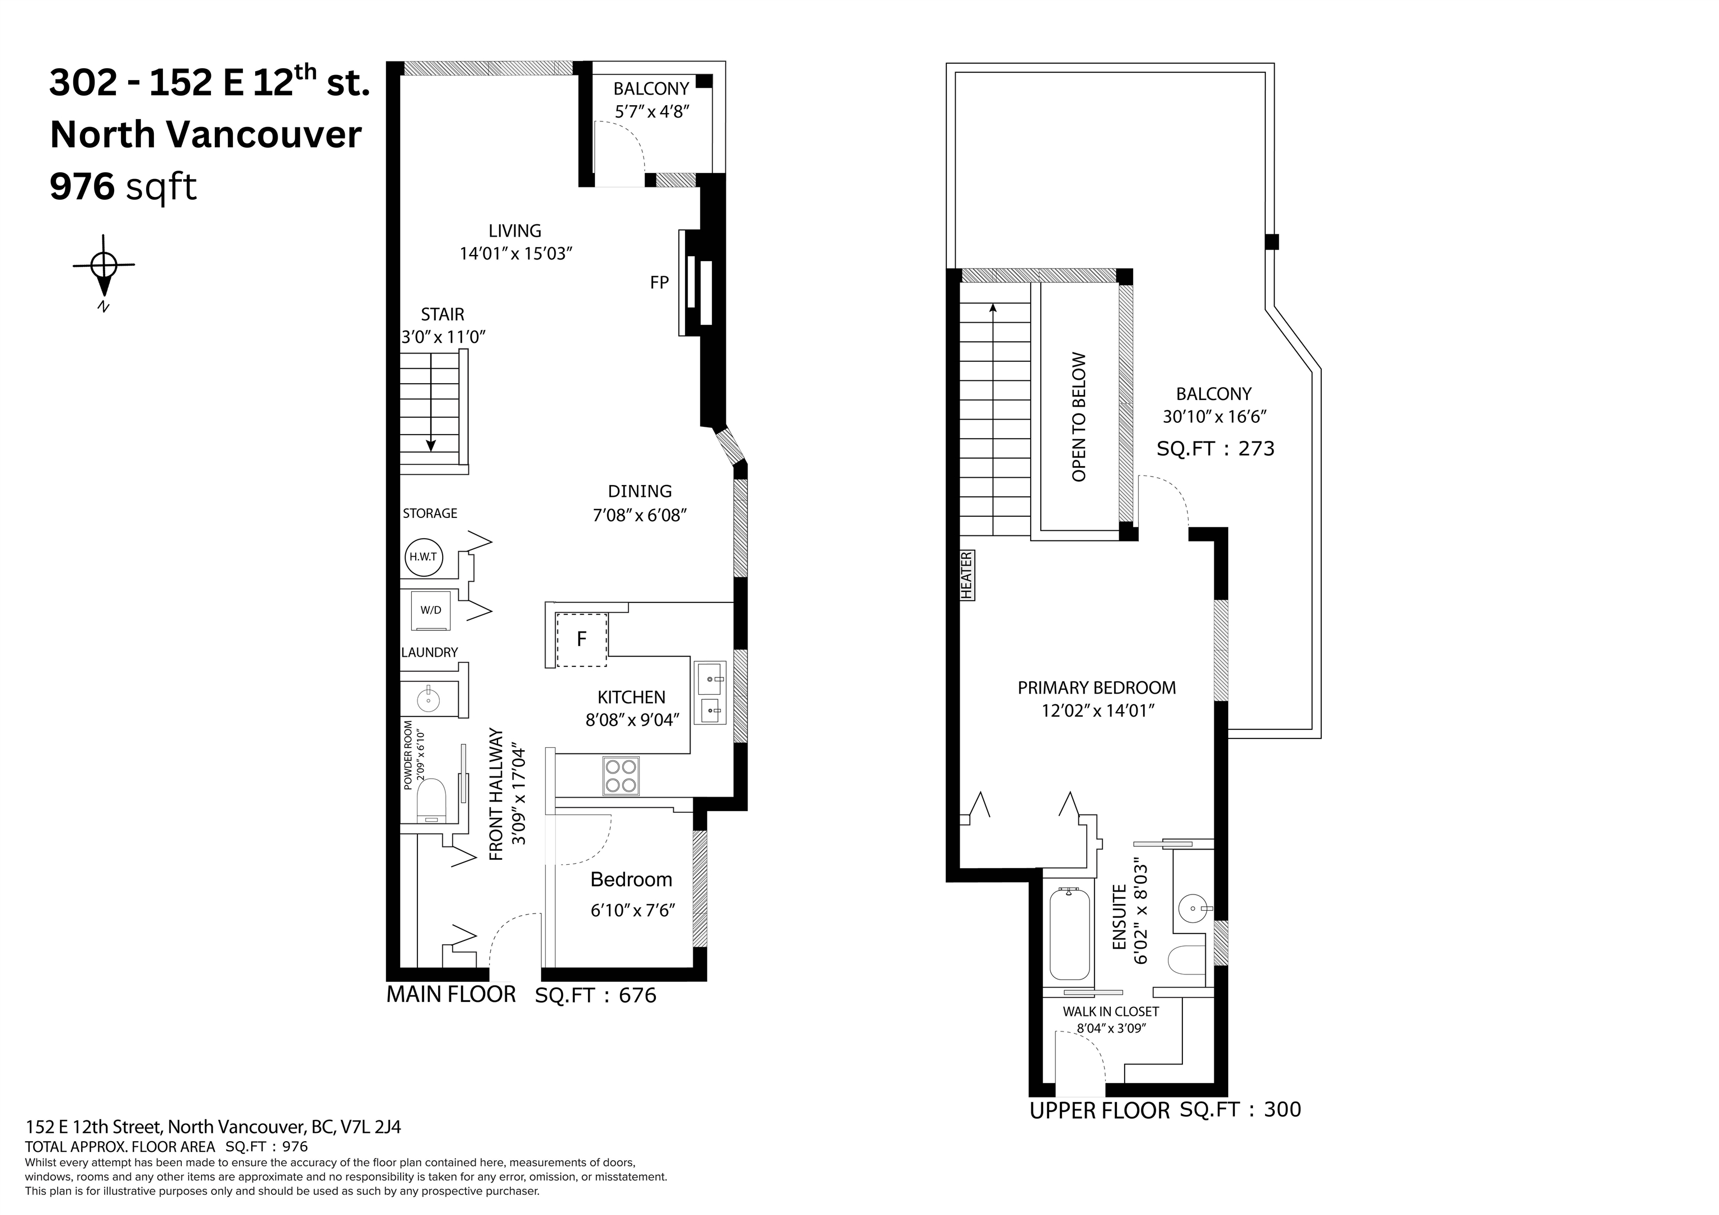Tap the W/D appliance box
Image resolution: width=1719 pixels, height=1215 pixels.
[x=430, y=610]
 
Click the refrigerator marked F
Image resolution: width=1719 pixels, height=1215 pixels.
[x=581, y=639]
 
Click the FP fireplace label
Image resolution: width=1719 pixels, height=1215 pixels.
[x=659, y=283]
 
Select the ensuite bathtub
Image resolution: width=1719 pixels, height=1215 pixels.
[x=1069, y=934]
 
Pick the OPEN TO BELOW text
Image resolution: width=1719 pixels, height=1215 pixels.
[x=1079, y=417]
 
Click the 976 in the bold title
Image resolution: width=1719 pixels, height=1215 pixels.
[x=82, y=186]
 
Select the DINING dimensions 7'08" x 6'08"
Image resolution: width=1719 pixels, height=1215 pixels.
[x=640, y=515]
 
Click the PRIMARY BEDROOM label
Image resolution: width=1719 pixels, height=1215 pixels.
[x=1097, y=687]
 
